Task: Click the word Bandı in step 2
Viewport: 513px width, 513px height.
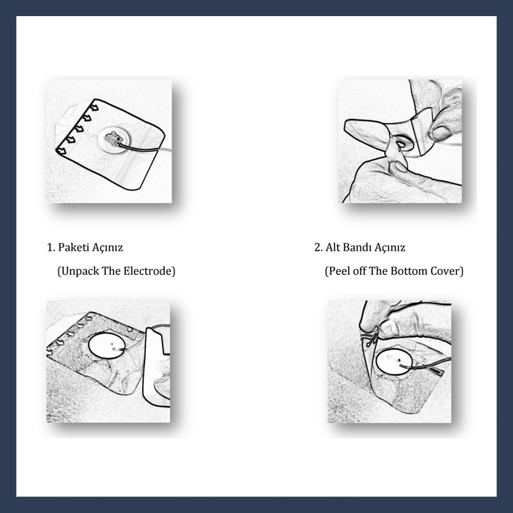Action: click(355, 248)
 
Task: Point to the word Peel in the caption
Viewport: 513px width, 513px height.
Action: click(336, 271)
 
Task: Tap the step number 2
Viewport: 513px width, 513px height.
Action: click(318, 248)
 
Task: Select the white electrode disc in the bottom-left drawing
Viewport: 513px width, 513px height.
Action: click(106, 346)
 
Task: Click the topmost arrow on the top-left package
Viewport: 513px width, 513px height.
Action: click(95, 107)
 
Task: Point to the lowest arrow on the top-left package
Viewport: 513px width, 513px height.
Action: click(61, 151)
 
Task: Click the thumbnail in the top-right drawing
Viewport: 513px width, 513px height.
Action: click(440, 133)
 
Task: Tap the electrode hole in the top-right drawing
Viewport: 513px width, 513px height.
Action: click(401, 143)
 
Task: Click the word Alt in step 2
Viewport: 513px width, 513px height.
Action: click(331, 248)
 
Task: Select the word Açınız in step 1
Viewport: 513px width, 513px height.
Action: click(107, 248)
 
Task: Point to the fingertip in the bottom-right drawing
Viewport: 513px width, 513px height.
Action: click(387, 325)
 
